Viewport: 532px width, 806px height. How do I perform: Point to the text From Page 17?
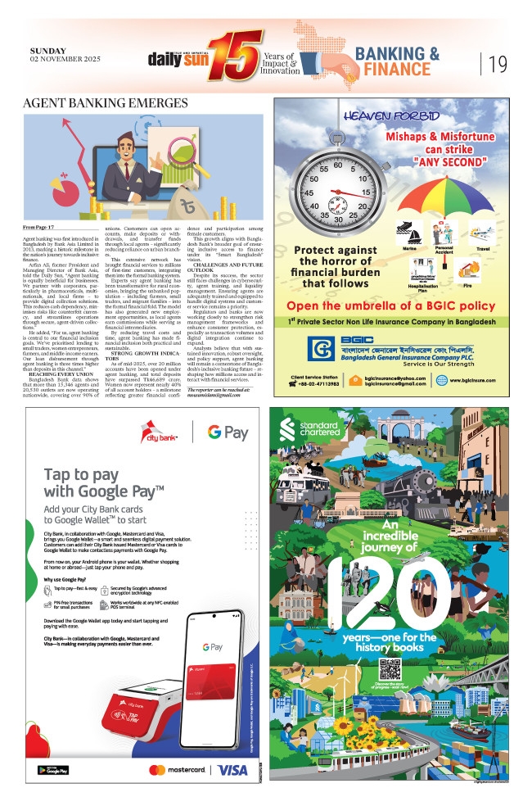[40, 226]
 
